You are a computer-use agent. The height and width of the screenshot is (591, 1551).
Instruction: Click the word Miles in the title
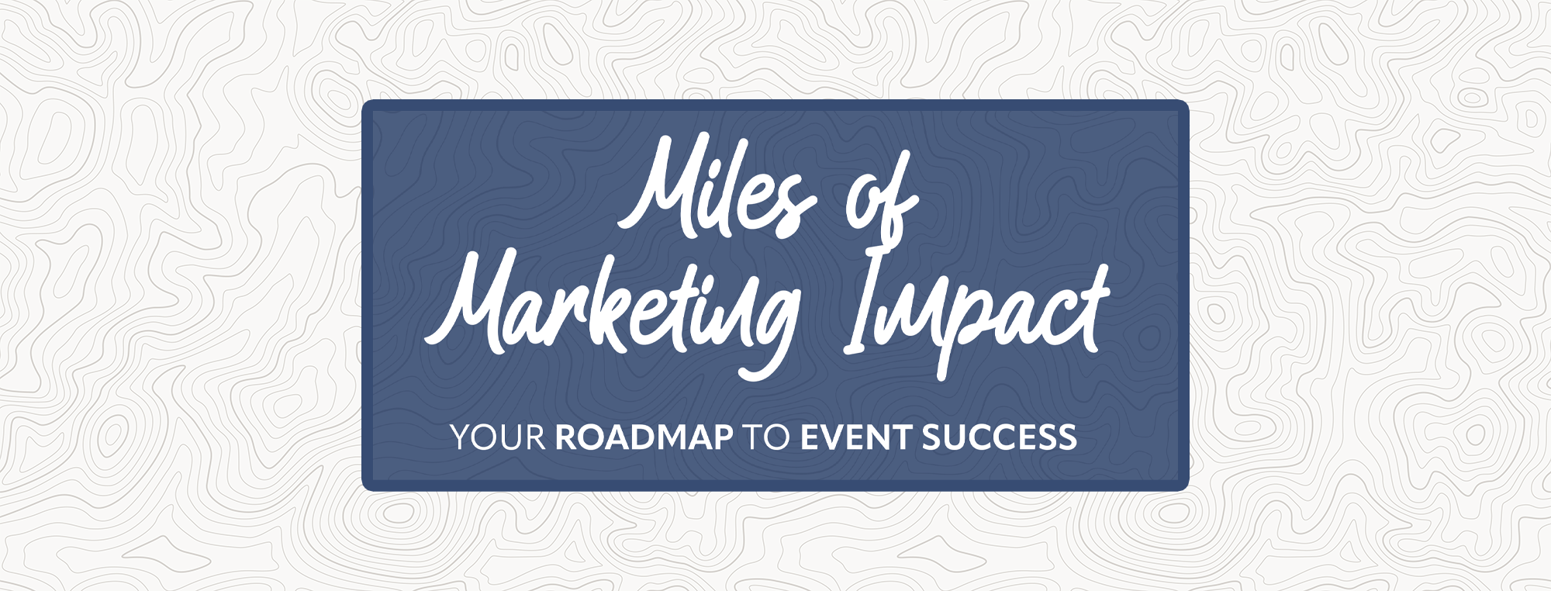point(717,186)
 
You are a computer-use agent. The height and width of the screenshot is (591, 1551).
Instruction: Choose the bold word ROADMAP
point(644,438)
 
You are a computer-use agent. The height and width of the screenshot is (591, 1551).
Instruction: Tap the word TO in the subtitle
point(766,438)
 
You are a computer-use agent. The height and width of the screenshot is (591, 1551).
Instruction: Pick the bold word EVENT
point(855,438)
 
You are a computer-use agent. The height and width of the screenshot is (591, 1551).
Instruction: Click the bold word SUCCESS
point(999,438)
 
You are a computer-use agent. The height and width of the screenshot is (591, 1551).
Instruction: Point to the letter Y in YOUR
point(462,438)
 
